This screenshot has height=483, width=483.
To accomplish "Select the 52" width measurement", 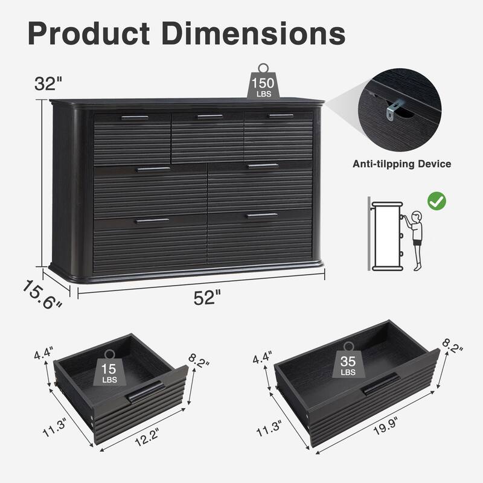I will pyautogui.click(x=208, y=298).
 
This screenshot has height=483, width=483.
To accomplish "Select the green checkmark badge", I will pyautogui.click(x=436, y=200).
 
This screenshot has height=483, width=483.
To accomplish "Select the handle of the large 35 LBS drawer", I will pyautogui.click(x=380, y=383).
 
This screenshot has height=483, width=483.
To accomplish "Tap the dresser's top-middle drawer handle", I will pyautogui.click(x=210, y=117).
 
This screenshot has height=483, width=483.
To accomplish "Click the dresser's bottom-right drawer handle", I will pyautogui.click(x=262, y=215).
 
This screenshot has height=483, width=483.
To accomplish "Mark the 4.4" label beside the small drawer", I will pyautogui.click(x=43, y=352).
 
